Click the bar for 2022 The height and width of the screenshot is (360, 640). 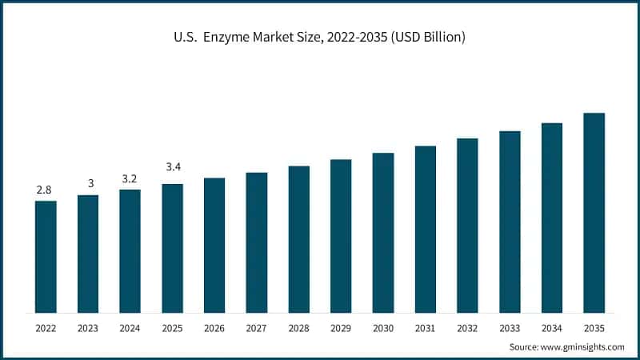[46, 256]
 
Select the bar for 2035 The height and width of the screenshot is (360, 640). [594, 212]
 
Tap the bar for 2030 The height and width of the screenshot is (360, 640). [383, 232]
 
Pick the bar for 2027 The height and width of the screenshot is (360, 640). [257, 242]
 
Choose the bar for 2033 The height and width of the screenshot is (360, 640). [510, 221]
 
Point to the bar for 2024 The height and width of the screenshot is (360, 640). [130, 250]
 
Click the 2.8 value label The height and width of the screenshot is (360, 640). [46, 190]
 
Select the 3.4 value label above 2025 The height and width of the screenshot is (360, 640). [173, 167]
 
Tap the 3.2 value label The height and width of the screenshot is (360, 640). [130, 178]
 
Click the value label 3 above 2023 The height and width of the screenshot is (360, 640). [88, 184]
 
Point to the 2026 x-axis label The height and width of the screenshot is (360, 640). [214, 327]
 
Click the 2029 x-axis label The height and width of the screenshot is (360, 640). [341, 327]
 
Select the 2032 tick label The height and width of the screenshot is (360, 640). [467, 327]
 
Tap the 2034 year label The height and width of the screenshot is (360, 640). [552, 327]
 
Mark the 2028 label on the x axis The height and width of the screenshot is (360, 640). [298, 327]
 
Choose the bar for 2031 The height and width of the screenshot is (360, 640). [426, 229]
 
